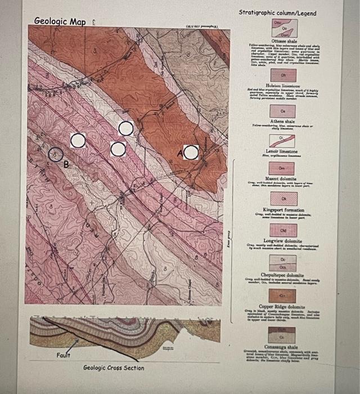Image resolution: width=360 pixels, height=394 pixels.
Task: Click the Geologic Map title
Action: pyautogui.click(x=60, y=21)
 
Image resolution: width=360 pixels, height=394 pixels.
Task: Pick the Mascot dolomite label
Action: pyautogui.click(x=283, y=178)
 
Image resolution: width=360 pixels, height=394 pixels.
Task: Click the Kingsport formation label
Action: pyautogui.click(x=283, y=209)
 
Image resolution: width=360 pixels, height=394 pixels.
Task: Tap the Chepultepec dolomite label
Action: pyautogui.click(x=283, y=274)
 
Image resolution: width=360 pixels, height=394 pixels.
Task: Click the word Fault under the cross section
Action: pyautogui.click(x=63, y=355)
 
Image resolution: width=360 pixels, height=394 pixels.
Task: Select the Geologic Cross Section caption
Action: pyautogui.click(x=114, y=368)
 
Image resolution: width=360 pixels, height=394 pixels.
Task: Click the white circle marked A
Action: pyautogui.click(x=191, y=153)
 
